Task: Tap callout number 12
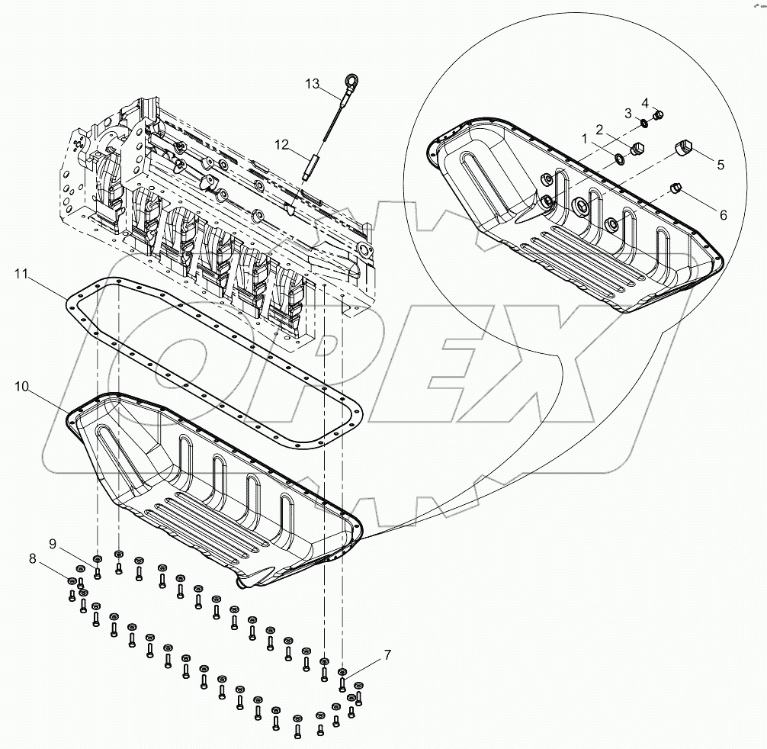point(282,143)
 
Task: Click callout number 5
point(719,164)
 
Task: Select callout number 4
point(644,102)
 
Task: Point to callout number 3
point(628,113)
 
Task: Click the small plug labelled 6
point(674,188)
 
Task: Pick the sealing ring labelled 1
point(621,159)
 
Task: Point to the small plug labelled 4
point(659,115)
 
